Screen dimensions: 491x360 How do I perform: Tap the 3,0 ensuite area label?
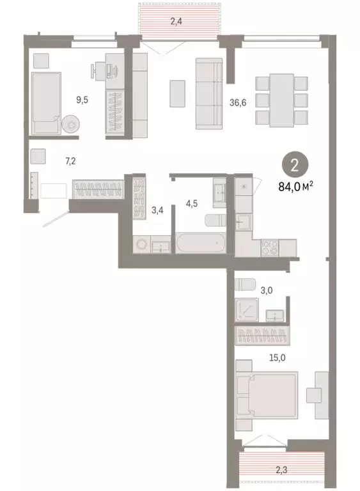(266, 290)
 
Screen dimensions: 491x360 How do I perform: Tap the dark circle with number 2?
(294, 166)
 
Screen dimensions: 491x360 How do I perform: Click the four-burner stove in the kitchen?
(269, 247)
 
